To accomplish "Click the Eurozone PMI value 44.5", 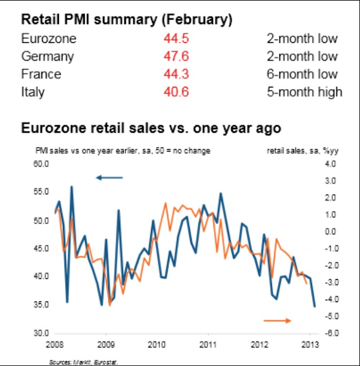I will coord(176,39).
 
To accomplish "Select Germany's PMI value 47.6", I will coord(176,57).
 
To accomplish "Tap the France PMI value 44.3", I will coord(176,74).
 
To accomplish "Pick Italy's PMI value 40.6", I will coord(176,91).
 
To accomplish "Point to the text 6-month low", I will coord(302,74).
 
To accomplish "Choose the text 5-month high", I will coord(304,91).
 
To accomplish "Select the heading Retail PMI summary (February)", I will coord(126,20).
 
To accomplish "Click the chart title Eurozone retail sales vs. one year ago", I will coord(151,128).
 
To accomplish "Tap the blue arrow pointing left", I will coord(109,178).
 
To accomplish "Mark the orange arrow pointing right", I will coord(278,320).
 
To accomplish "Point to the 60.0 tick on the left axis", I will coord(44,164).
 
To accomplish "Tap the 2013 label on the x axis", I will coord(310,345).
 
